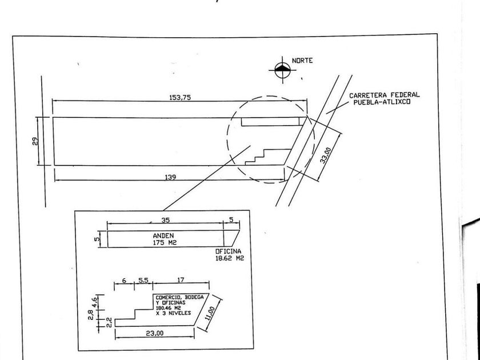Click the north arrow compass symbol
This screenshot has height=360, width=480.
(282, 70)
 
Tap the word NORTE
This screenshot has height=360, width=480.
(302, 61)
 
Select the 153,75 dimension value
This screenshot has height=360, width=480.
(181, 97)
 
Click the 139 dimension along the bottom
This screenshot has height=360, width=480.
(170, 177)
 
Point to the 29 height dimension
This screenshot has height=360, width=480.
(35, 141)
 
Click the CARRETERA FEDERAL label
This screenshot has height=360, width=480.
(385, 95)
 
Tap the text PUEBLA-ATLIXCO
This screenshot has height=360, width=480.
(382, 102)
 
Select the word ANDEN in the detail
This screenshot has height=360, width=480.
(163, 235)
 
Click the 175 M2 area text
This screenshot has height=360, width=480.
(165, 242)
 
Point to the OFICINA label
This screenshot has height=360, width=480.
(228, 251)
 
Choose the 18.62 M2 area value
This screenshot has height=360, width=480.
(230, 258)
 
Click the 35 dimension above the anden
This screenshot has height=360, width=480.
(166, 220)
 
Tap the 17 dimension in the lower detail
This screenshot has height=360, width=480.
(181, 280)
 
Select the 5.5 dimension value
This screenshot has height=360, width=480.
(143, 280)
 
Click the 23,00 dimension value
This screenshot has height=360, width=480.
(154, 333)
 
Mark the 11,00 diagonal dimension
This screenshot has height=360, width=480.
(210, 314)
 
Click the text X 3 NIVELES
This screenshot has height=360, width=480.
(173, 313)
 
